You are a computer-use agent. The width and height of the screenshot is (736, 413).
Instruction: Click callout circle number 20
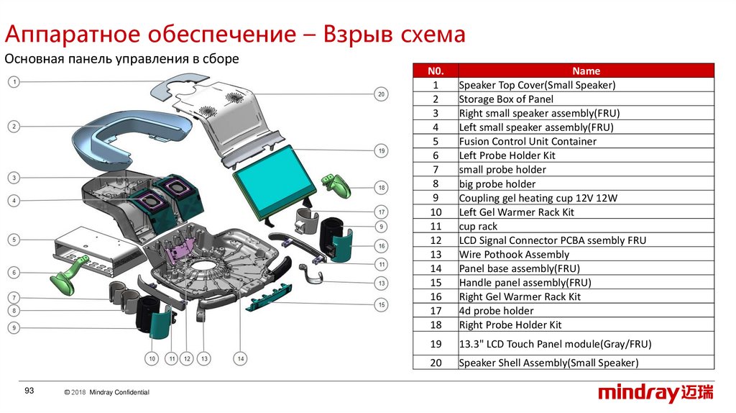click(382, 94)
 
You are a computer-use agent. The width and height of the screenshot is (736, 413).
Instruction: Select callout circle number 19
click(382, 150)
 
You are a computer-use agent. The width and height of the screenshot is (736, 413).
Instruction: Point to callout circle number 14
click(240, 358)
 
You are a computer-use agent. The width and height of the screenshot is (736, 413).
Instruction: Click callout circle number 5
click(14, 239)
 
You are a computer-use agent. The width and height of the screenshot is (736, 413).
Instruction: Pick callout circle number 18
click(382, 188)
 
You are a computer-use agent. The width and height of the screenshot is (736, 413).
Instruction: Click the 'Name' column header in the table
click(586, 71)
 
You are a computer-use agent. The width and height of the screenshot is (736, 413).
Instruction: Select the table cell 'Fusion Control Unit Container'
click(527, 141)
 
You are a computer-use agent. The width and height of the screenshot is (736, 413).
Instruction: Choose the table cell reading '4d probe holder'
click(496, 311)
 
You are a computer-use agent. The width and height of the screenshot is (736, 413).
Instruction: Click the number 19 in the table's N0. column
click(436, 345)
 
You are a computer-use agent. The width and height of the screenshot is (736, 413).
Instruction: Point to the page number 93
click(29, 391)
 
